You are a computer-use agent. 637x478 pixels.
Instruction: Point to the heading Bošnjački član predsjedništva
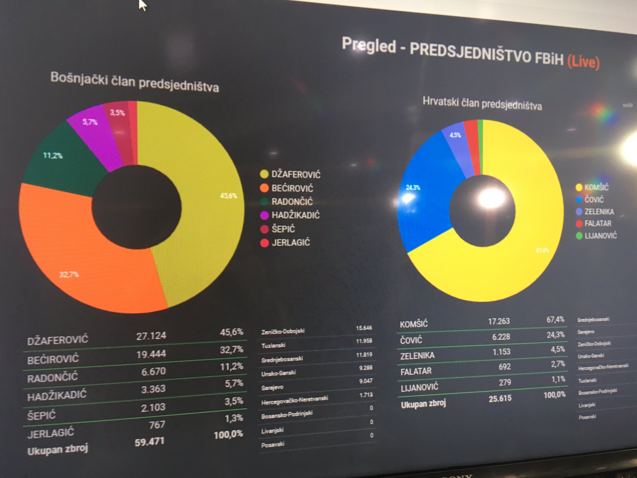point(134,82)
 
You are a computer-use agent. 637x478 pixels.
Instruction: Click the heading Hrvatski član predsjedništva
point(482,104)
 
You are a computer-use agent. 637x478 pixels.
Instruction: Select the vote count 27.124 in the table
point(151,336)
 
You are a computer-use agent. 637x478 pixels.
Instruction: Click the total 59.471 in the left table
point(149,442)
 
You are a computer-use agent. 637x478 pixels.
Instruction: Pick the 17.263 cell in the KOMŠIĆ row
point(499,321)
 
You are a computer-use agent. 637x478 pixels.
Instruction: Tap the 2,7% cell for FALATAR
point(558,364)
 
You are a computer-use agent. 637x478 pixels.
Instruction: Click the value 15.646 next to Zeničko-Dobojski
point(364,328)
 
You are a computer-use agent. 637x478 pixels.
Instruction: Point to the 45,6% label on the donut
point(228,196)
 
